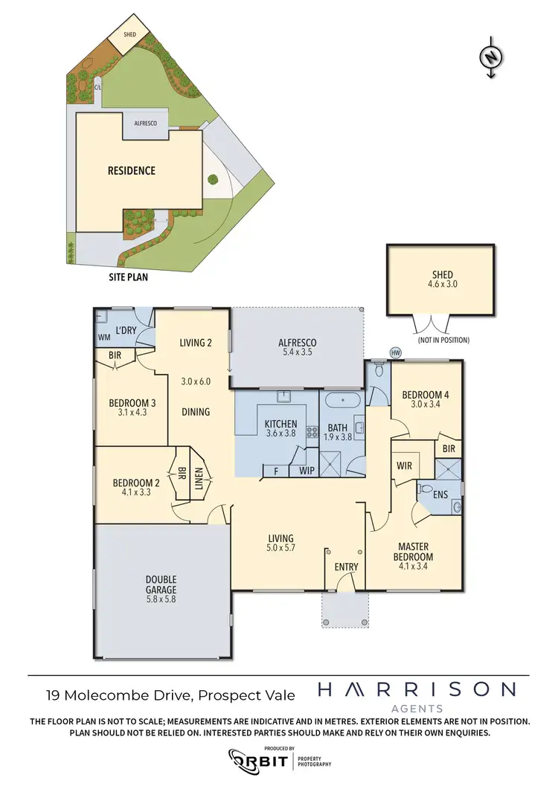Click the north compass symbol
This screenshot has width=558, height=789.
point(490,57)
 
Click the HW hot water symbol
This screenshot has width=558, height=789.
point(394,352)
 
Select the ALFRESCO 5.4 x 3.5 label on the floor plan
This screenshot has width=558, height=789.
point(297,348)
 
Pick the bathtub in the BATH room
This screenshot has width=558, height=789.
point(343,400)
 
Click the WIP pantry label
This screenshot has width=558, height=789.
point(306,471)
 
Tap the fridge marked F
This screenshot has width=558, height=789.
point(276,471)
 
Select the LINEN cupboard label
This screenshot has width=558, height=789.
point(199,474)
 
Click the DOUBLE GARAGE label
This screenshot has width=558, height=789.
point(161,585)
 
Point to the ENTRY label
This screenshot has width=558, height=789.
point(346,567)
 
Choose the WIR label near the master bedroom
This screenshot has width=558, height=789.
point(405,465)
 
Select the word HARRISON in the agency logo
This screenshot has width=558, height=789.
point(416,689)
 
